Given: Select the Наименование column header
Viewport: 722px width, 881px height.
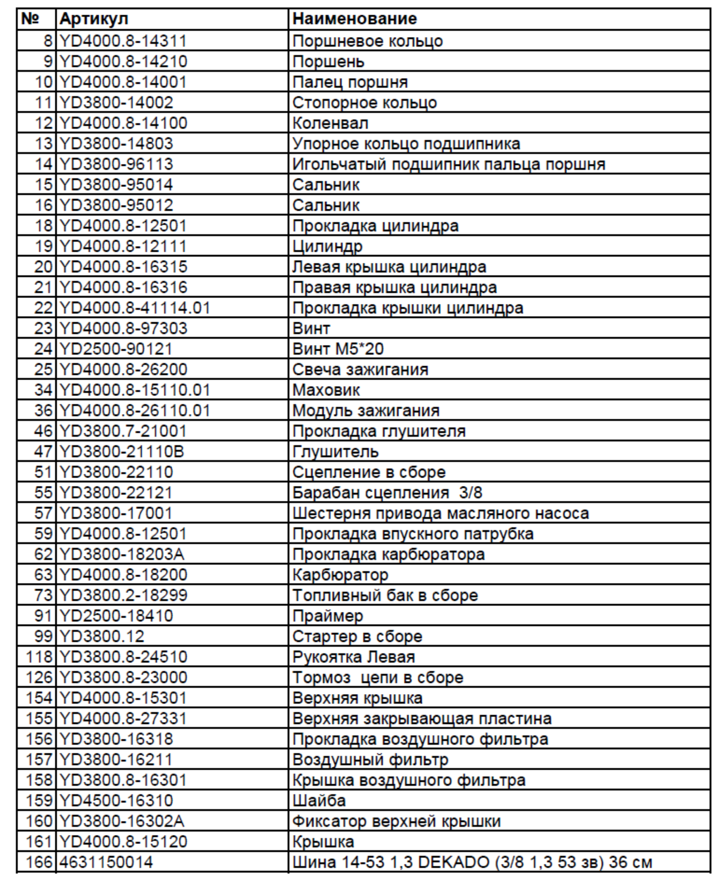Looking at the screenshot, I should tap(354, 19).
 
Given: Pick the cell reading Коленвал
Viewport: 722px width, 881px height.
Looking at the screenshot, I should tap(330, 123).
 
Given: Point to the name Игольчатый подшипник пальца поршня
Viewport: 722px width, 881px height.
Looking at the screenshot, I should tap(448, 164).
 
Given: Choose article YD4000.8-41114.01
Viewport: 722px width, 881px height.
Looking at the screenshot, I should tap(135, 308).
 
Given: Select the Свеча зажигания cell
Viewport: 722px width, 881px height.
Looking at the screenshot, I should tap(360, 369).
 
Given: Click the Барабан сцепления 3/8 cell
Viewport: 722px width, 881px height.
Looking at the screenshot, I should tap(387, 492).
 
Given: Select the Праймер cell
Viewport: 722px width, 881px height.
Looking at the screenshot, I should tap(328, 616).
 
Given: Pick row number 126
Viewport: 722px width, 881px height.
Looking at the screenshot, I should tap(39, 677).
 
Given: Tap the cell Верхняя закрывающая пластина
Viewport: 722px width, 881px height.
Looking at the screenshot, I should tap(422, 719).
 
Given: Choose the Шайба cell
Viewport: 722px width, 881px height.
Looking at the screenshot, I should tap(319, 800).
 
